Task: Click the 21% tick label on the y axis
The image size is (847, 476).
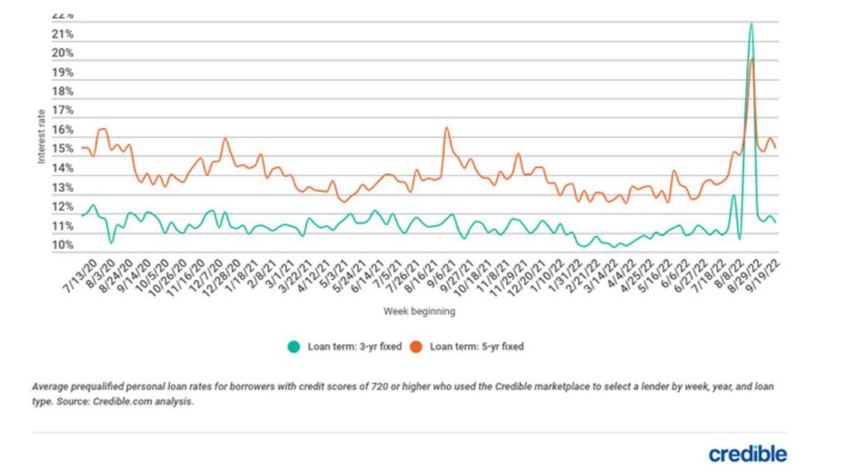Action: tap(63, 35)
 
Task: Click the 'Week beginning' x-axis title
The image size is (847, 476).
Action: tap(419, 312)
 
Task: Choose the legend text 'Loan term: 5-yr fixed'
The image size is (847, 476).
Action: tap(476, 346)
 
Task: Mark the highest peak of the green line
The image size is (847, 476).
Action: tap(751, 25)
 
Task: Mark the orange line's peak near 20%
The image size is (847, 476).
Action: tap(752, 60)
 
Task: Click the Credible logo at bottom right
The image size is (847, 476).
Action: tap(748, 453)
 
